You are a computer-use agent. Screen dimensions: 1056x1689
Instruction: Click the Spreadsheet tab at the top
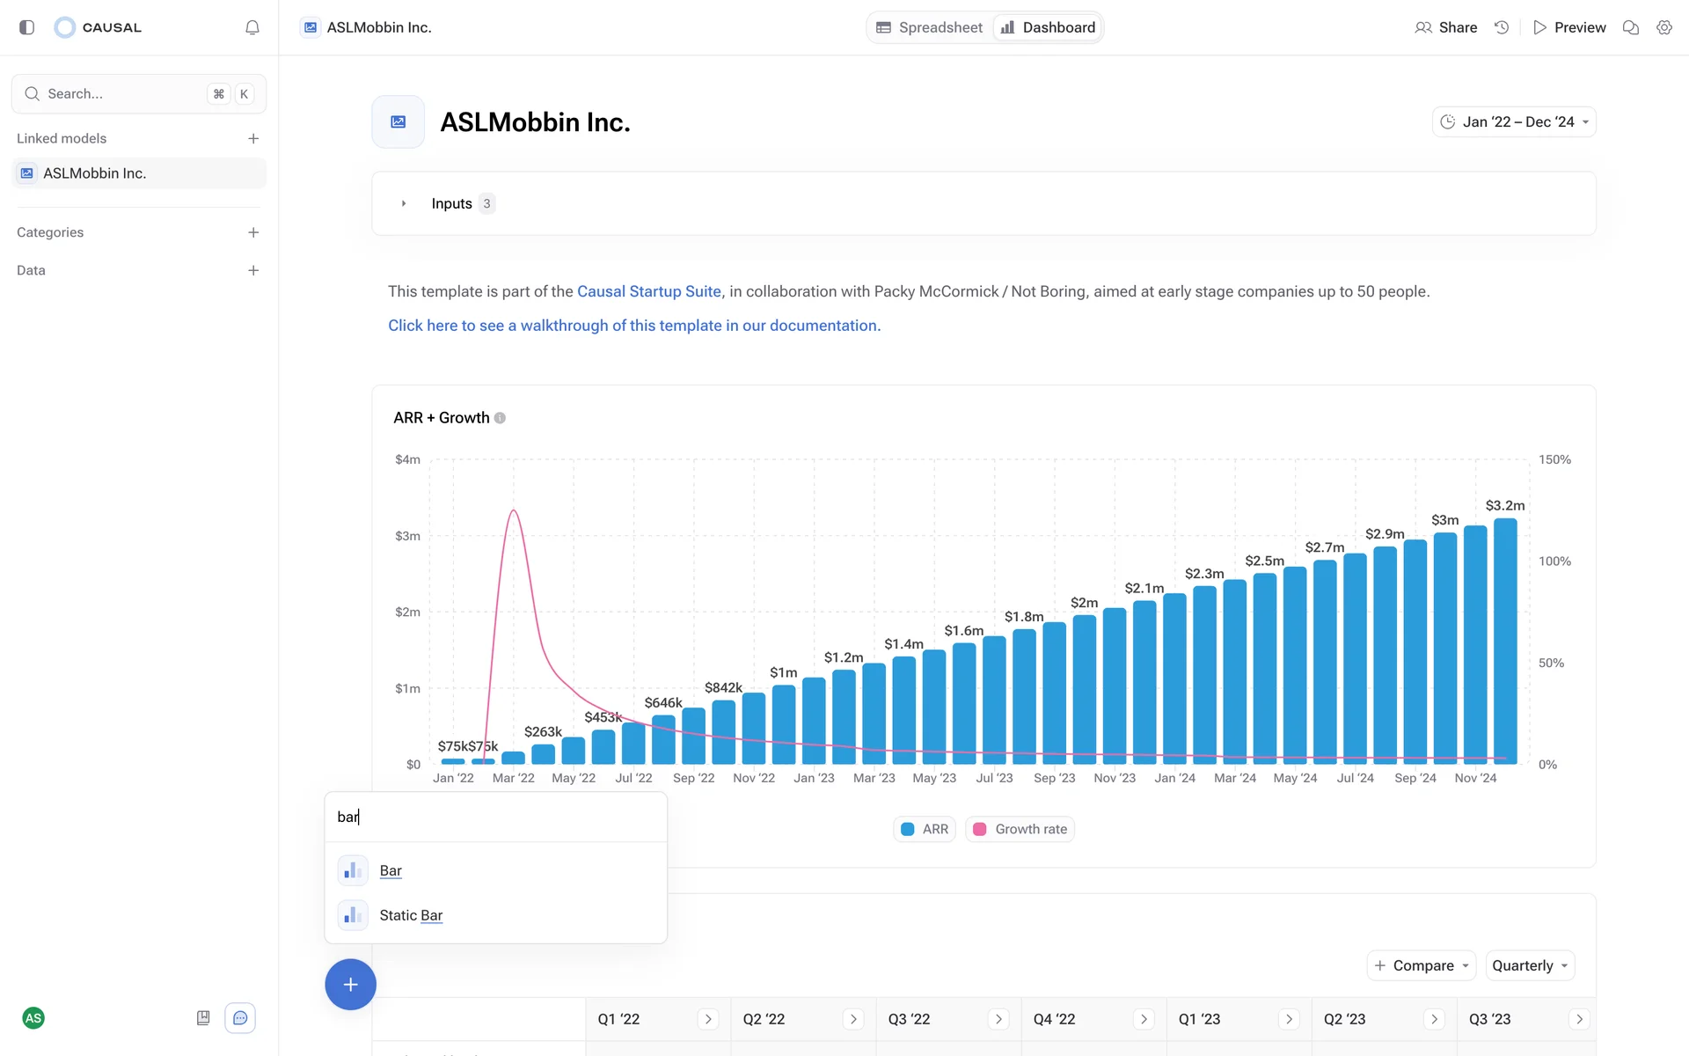[x=930, y=27]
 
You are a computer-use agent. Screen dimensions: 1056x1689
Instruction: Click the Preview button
[x=1569, y=27]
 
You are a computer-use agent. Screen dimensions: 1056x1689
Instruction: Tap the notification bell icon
[x=252, y=27]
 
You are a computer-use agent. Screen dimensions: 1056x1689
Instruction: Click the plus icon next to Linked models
[x=253, y=138]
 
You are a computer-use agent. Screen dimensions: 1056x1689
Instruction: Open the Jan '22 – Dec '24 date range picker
[x=1514, y=121]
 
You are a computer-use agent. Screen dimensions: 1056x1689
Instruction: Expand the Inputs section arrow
[x=404, y=203]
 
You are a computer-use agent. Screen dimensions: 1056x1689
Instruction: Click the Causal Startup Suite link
[x=648, y=291]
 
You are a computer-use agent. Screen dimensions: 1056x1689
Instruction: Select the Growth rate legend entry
[x=1020, y=829]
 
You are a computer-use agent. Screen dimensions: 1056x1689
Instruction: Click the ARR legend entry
[x=925, y=829]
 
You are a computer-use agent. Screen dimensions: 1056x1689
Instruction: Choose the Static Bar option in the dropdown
[x=411, y=915]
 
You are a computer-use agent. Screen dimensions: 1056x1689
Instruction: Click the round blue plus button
[x=350, y=984]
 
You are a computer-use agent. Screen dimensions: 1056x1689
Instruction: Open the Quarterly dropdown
[x=1530, y=965]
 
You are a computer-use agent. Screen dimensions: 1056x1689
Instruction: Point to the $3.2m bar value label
[x=1504, y=505]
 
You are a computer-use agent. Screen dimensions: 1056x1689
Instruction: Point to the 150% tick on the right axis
[x=1554, y=459]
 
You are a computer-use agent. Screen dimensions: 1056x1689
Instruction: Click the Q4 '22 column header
[x=1054, y=1019]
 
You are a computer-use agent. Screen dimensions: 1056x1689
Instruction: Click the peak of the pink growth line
[x=514, y=510]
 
